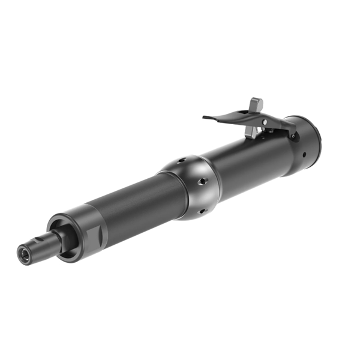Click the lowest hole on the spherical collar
(202, 211)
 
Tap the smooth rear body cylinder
(252, 159)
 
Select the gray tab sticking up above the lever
(257, 104)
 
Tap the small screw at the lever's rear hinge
(292, 136)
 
